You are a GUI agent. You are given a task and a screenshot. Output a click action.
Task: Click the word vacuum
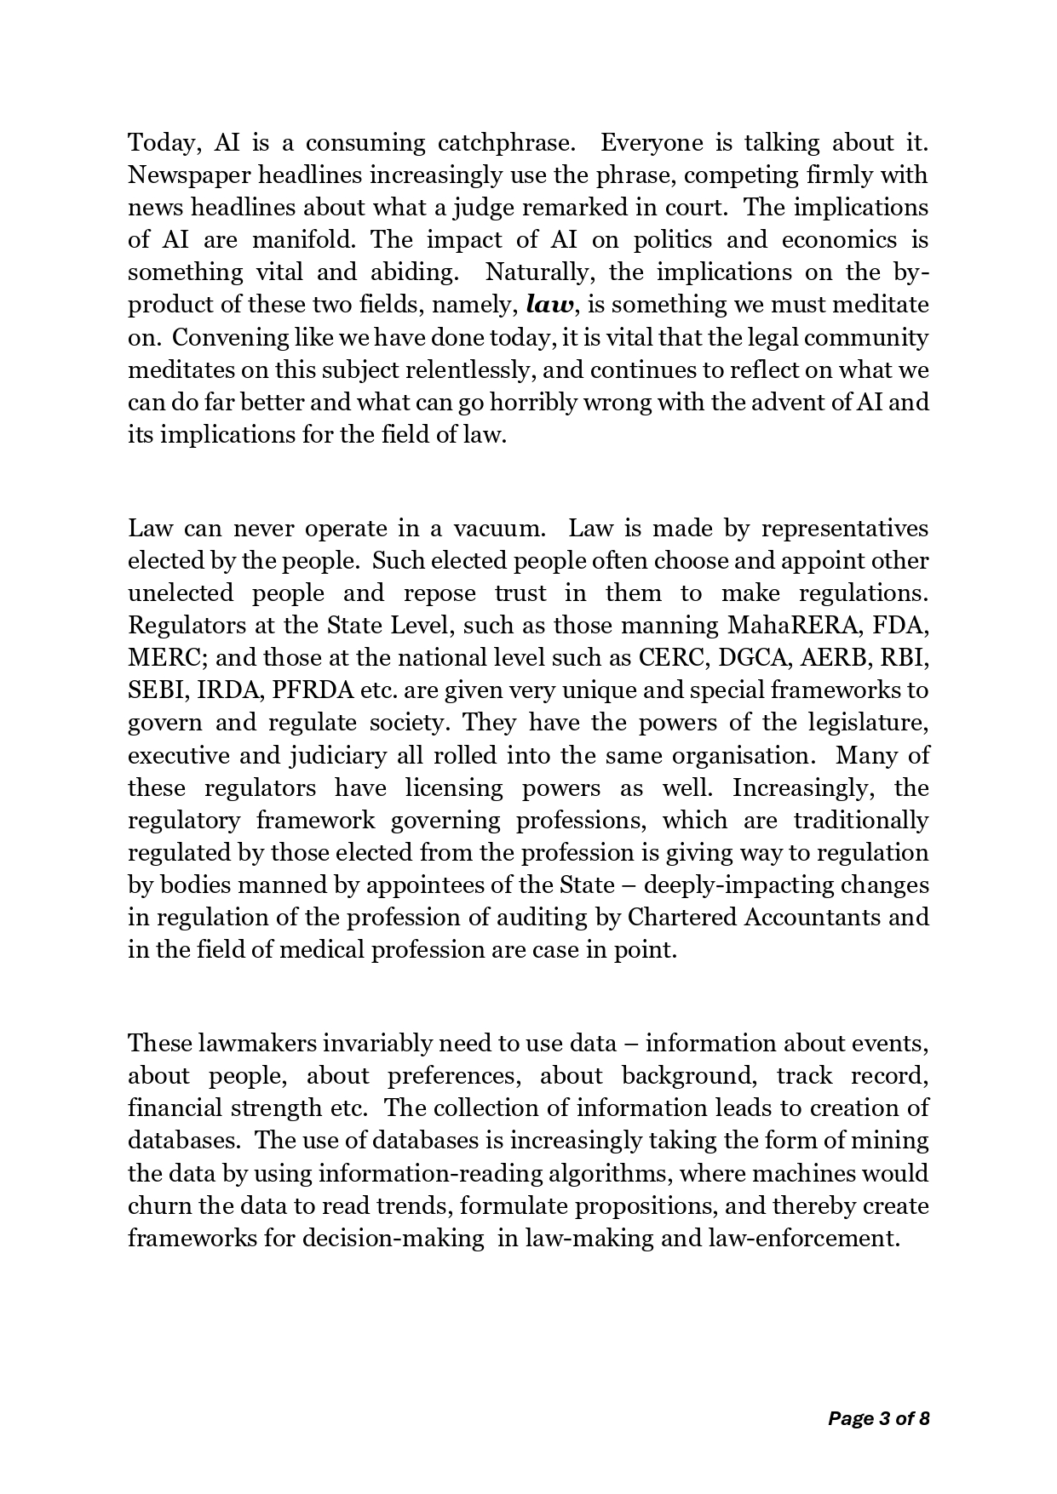(498, 529)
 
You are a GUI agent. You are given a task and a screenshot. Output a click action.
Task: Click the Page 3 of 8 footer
(878, 1418)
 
